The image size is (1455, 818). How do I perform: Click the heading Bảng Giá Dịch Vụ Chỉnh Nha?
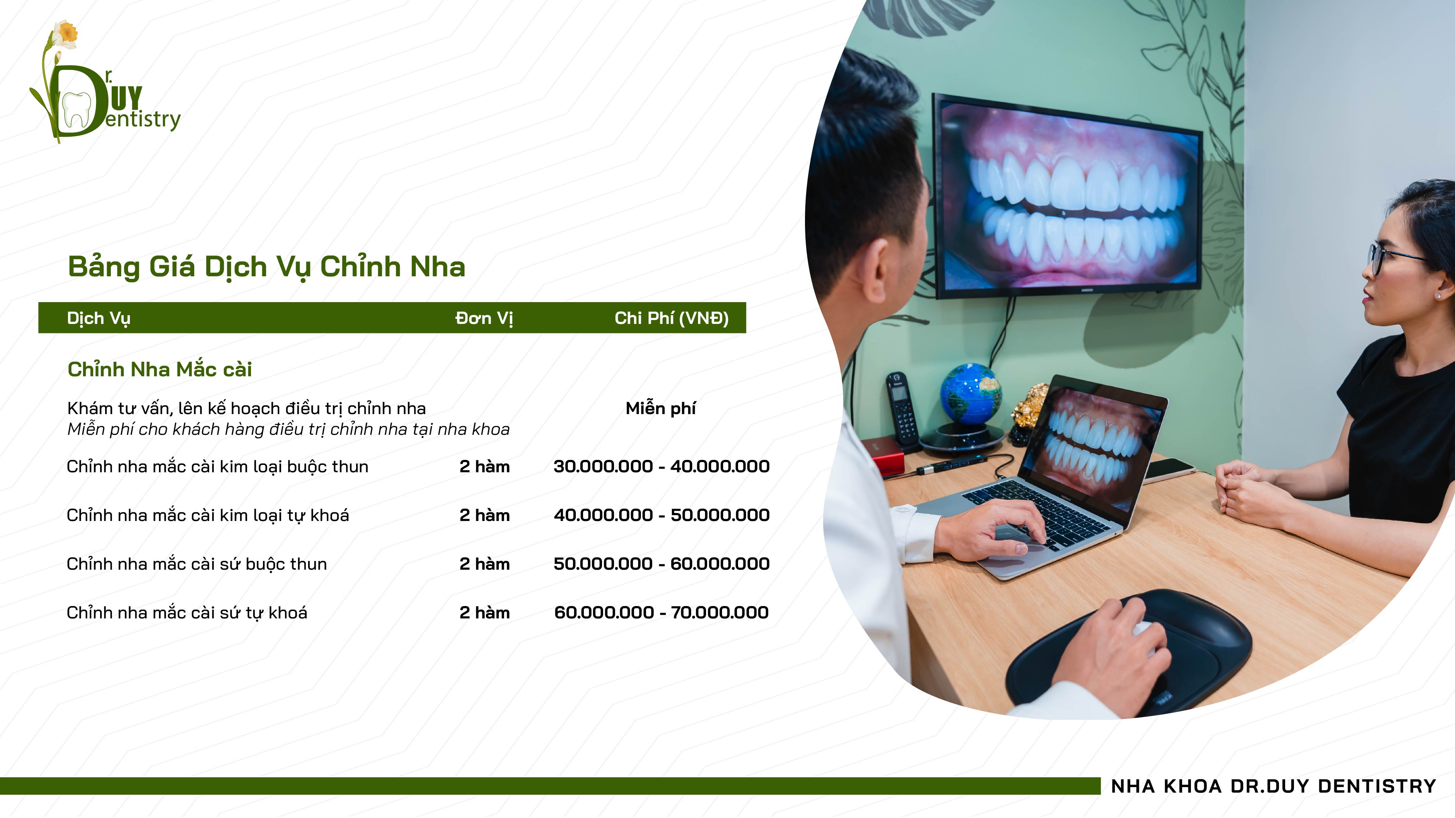(x=266, y=266)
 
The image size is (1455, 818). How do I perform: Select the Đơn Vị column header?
(x=484, y=318)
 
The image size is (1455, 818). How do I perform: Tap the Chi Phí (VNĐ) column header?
(x=671, y=318)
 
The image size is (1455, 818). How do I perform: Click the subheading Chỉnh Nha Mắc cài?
(x=160, y=369)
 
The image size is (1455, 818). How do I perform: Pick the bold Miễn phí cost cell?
(x=660, y=408)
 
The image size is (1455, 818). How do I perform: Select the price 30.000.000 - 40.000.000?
(x=661, y=466)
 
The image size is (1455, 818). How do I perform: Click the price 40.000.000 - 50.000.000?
(x=661, y=515)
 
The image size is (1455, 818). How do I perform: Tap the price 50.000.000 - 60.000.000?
(x=661, y=564)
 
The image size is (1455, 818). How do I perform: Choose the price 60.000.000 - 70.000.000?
(x=661, y=613)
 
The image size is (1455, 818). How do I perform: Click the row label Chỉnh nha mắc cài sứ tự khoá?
(x=187, y=613)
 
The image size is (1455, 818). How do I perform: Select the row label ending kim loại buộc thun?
(x=218, y=467)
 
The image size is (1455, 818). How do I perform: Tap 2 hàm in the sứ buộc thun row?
(x=484, y=564)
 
